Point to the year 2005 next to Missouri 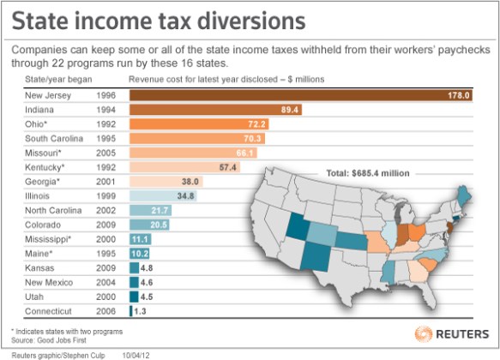click(x=106, y=153)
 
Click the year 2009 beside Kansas click(x=106, y=267)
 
